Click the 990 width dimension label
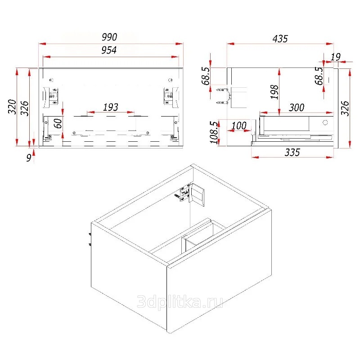109,37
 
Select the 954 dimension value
109,50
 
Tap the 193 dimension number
111,107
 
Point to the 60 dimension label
58,123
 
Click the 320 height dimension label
12,107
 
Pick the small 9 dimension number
29,158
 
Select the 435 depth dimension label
280,39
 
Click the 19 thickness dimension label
335,57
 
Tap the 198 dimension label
274,92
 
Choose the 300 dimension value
297,108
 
